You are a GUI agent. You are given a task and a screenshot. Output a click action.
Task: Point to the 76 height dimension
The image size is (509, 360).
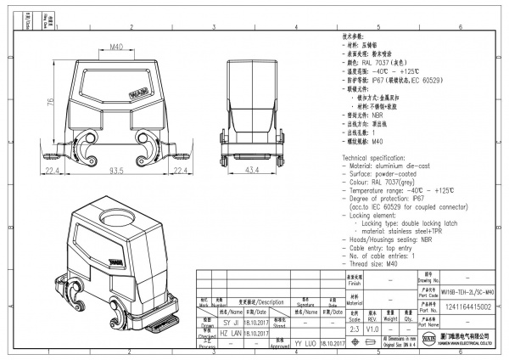click(x=50, y=103)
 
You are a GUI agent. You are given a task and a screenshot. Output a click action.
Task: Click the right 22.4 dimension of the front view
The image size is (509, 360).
click(x=180, y=171)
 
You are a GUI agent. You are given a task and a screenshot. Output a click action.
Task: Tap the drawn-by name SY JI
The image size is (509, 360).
click(x=231, y=323)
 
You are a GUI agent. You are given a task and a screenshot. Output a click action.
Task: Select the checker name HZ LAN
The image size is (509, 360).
click(x=231, y=335)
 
